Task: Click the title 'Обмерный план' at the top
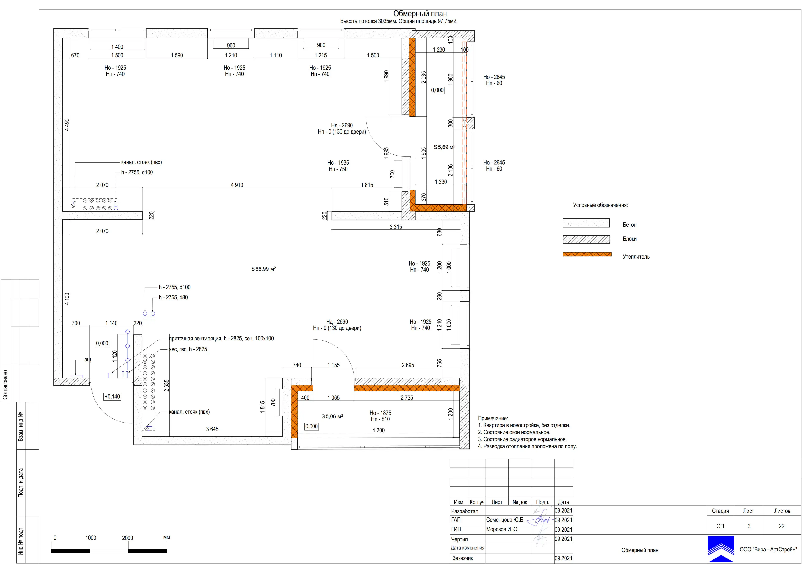[420, 14]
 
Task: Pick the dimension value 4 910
[237, 185]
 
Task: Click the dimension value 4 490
[67, 125]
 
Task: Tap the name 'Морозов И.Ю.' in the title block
[502, 529]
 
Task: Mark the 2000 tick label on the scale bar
[128, 538]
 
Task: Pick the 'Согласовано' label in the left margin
[5, 385]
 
